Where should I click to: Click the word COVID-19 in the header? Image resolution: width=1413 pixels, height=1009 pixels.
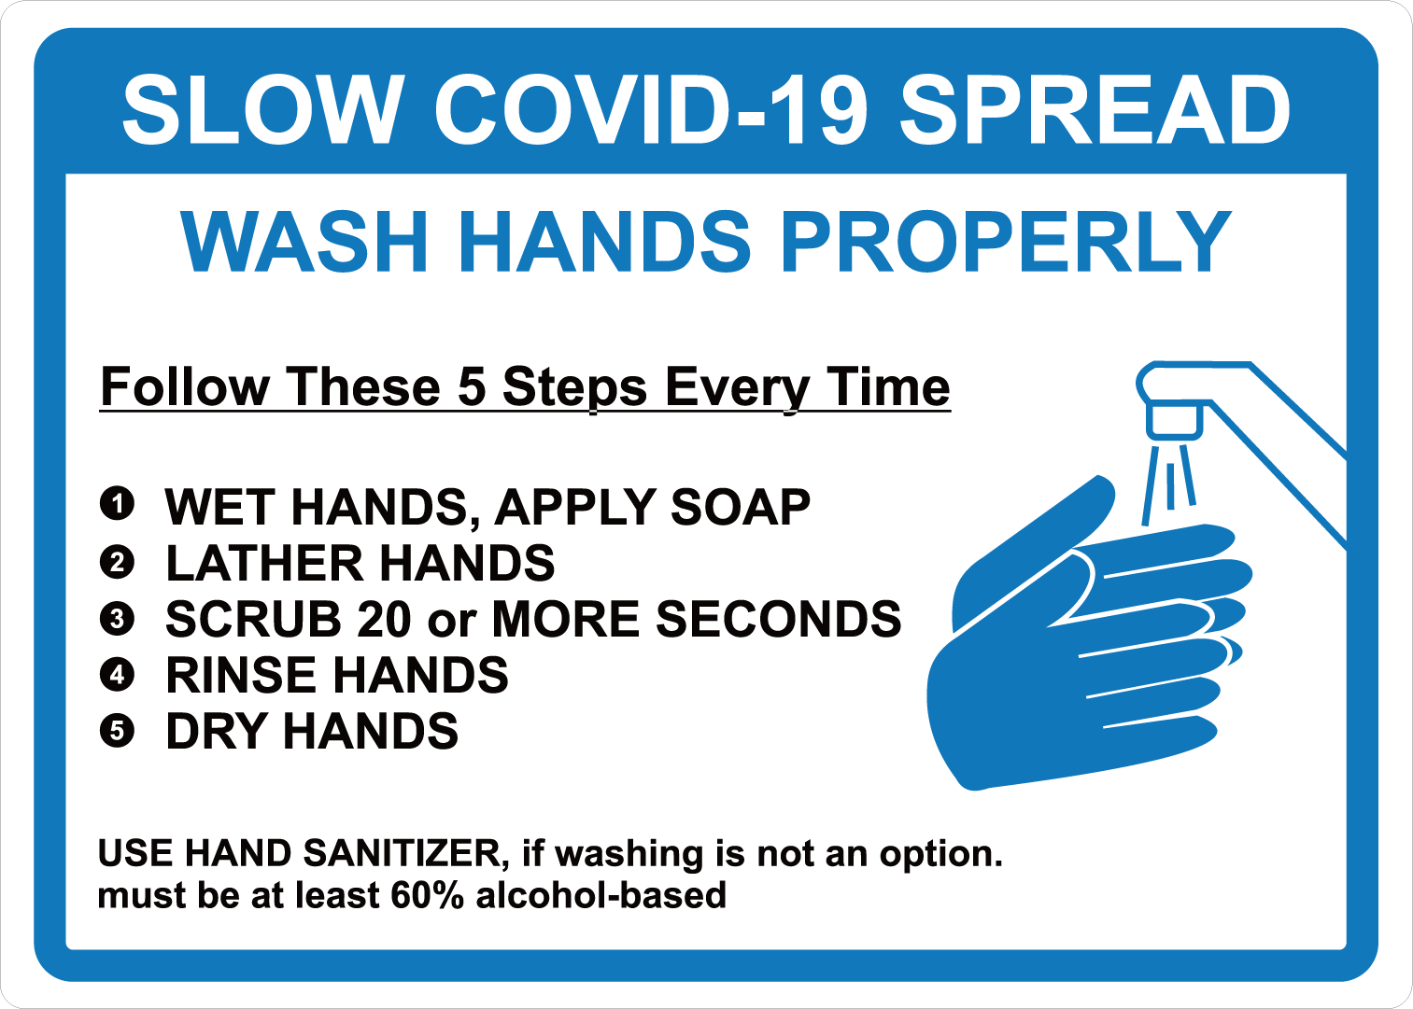(x=651, y=110)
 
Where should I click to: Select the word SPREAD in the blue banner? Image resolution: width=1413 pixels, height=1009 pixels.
(x=1095, y=110)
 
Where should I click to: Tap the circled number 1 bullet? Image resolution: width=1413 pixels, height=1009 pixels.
(x=117, y=504)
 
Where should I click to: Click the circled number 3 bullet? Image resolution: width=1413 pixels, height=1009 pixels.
(x=117, y=619)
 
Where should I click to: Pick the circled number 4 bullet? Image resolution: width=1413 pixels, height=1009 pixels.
(x=117, y=675)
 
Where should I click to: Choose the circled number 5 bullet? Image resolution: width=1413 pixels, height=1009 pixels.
(x=117, y=731)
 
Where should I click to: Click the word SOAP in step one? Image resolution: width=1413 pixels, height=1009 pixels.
(x=740, y=507)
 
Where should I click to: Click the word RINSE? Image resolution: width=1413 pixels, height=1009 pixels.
(x=246, y=675)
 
